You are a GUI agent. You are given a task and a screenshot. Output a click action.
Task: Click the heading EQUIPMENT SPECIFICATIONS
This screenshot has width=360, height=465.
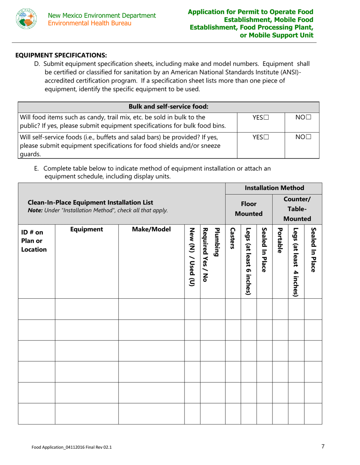(x=61, y=55)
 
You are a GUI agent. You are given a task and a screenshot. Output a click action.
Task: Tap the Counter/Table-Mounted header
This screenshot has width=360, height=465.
(x=297, y=208)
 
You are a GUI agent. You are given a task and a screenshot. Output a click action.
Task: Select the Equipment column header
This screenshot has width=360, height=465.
(x=87, y=229)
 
